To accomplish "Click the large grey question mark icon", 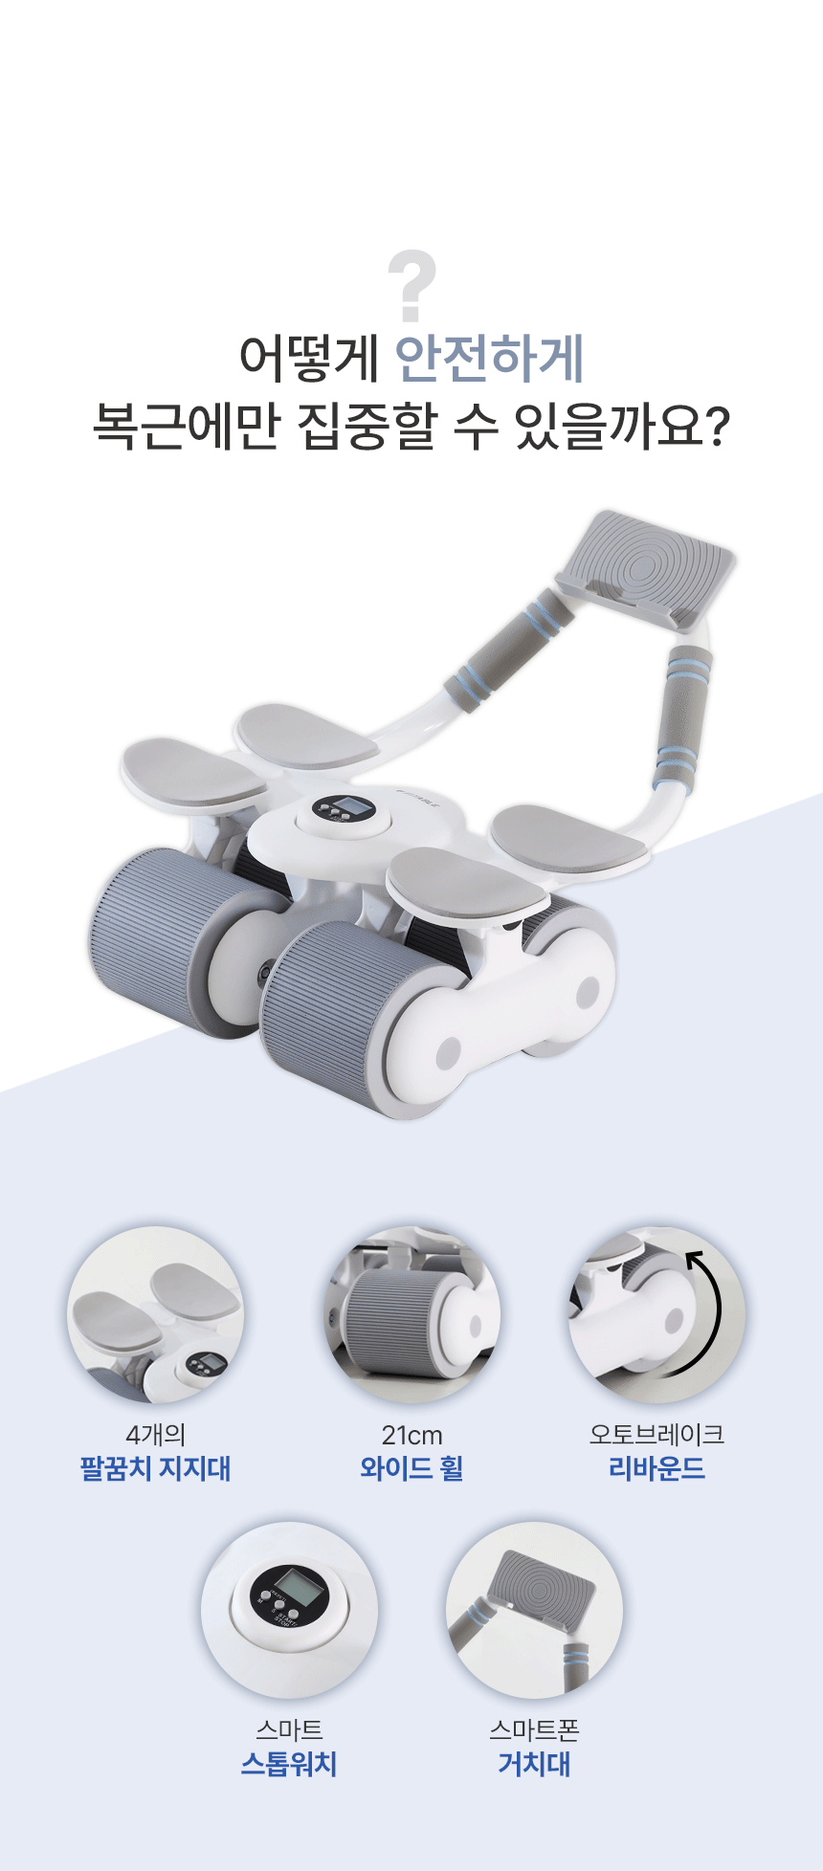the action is tap(412, 287).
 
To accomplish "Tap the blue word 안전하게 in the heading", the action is tap(490, 359).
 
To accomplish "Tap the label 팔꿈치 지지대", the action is tap(156, 1468).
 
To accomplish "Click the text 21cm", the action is tap(412, 1436).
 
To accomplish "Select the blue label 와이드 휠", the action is tap(412, 1468).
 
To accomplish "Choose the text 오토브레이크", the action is tap(657, 1435).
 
